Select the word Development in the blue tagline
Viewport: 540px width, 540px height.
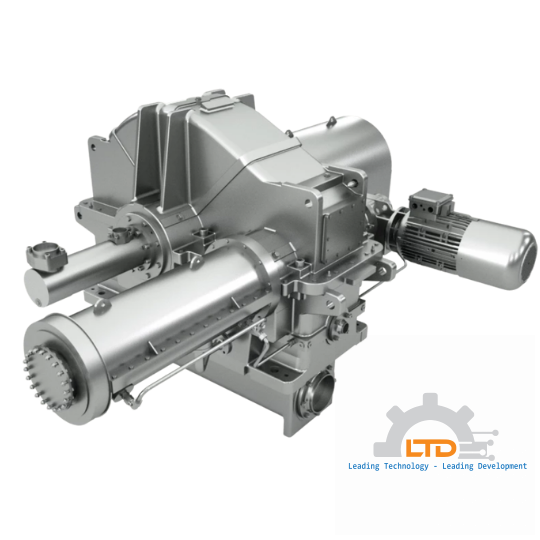[x=495, y=466]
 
